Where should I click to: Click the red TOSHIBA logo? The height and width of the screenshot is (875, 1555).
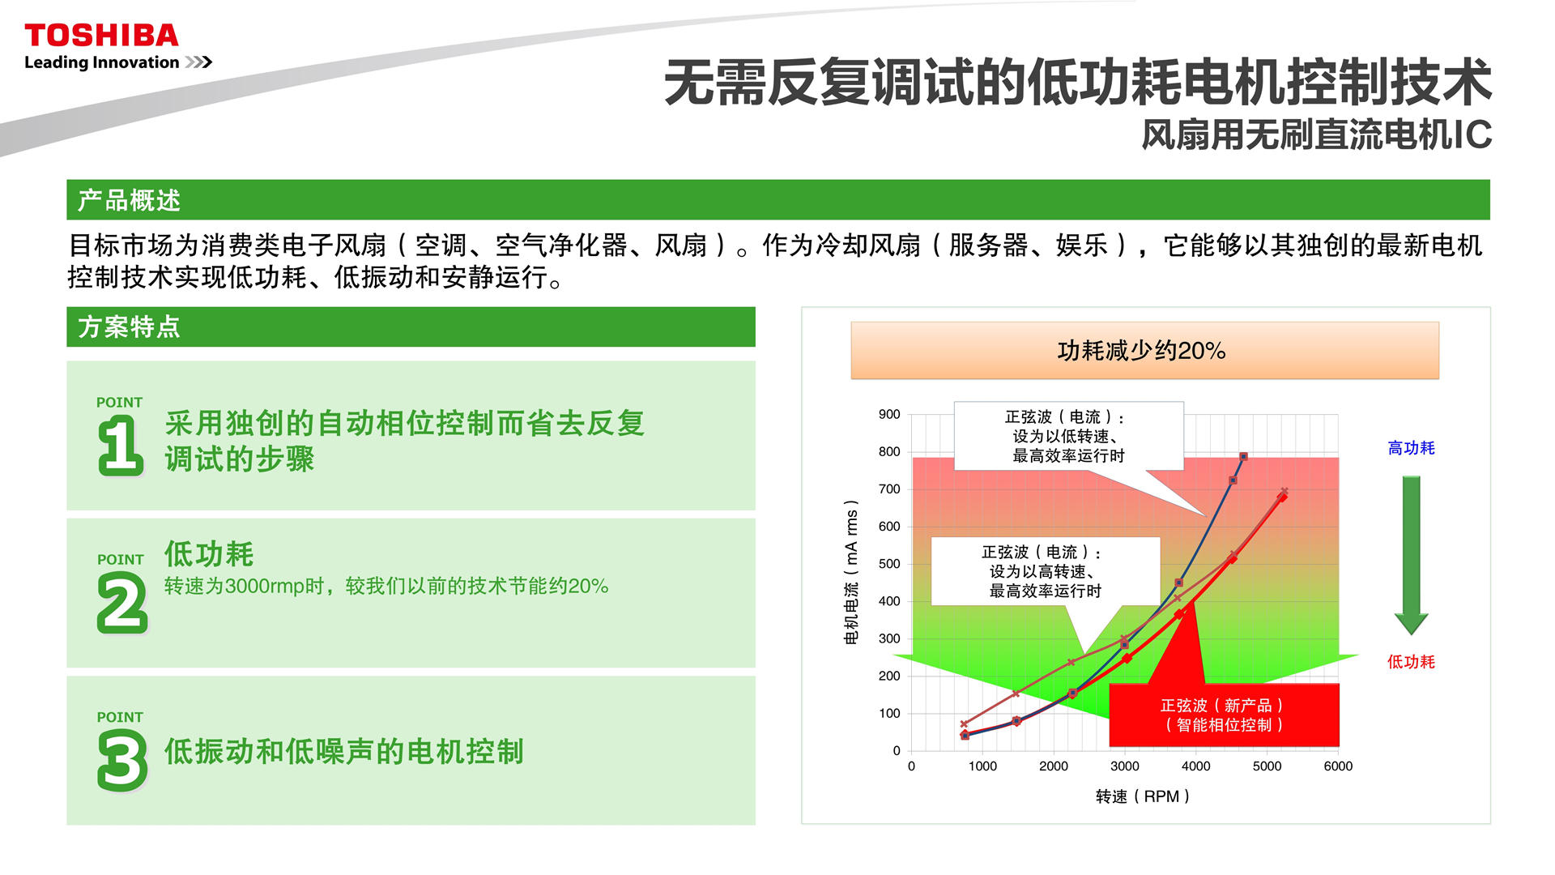[x=101, y=36]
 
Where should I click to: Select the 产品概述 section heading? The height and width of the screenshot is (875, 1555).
[x=129, y=200]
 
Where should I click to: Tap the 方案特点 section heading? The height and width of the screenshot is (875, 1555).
[x=129, y=327]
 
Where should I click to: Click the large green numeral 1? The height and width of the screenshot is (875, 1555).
[x=121, y=445]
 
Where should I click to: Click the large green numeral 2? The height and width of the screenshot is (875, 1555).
[x=122, y=602]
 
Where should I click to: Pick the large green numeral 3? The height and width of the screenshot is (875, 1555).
[x=122, y=760]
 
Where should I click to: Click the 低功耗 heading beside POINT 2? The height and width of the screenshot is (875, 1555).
[x=209, y=554]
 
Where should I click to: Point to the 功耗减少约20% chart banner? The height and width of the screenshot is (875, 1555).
[x=1144, y=350]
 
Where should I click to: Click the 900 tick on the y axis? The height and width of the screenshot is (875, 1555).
[x=889, y=414]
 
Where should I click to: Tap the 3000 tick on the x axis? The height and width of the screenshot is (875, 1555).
[x=1124, y=766]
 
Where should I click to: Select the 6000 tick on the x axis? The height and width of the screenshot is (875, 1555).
[x=1338, y=766]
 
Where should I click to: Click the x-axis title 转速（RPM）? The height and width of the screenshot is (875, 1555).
[x=1142, y=796]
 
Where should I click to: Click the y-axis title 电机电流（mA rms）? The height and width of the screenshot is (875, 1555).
[x=851, y=572]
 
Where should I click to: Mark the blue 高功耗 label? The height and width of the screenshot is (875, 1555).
[x=1411, y=448]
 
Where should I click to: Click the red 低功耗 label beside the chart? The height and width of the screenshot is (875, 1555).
[x=1411, y=662]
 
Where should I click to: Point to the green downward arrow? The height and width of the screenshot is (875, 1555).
[x=1411, y=555]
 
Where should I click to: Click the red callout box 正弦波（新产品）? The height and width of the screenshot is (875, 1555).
[x=1224, y=715]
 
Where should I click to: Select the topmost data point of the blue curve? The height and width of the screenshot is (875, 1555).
[x=1243, y=457]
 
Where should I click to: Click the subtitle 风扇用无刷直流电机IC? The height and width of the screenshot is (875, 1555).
[x=1316, y=134]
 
